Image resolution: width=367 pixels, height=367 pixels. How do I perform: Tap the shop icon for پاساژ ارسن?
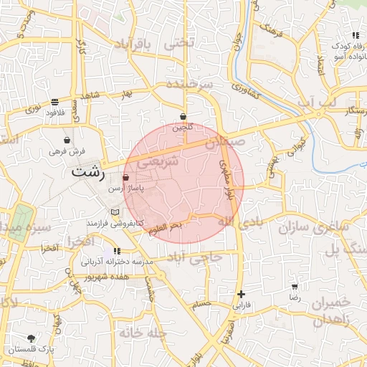tap(126, 177)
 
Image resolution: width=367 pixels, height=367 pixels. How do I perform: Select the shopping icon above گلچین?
tap(183, 115)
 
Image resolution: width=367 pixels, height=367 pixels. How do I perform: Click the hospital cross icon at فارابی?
tap(242, 294)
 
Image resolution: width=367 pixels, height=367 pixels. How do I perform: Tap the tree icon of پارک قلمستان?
tap(31, 338)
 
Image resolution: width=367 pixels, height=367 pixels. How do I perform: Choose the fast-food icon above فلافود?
tap(55, 102)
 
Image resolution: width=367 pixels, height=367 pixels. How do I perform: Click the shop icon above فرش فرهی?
tap(67, 140)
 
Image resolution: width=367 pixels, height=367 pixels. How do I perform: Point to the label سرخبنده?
tap(190, 84)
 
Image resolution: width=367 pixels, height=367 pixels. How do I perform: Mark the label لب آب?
tap(316, 103)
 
